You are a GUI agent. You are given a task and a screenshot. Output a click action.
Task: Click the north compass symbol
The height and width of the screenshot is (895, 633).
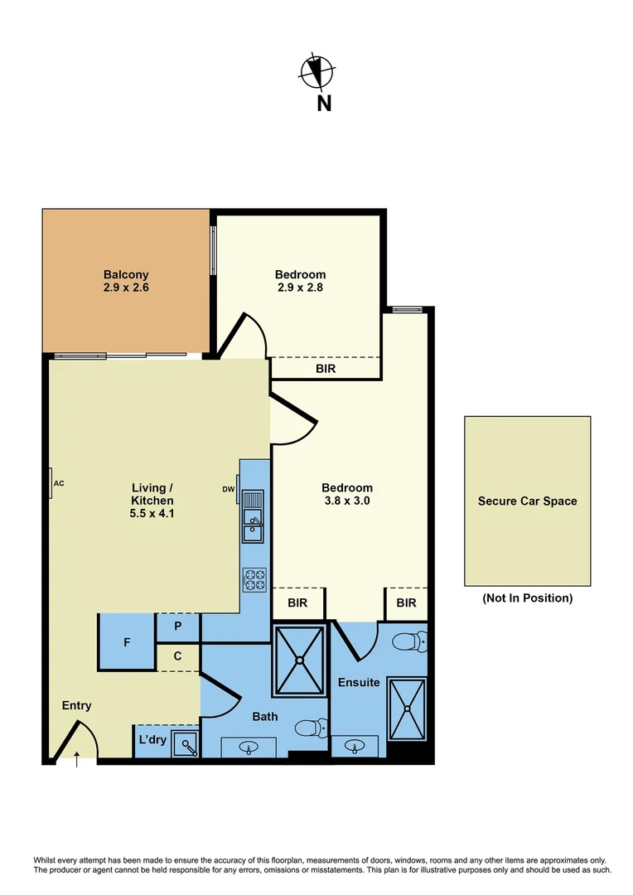(316, 71)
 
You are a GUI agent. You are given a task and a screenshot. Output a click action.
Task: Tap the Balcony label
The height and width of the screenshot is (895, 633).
(126, 274)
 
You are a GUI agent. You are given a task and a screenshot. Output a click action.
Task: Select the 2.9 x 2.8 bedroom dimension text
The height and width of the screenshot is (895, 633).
(300, 289)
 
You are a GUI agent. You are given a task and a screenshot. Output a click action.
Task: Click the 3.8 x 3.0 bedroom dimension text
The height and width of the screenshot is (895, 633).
(347, 501)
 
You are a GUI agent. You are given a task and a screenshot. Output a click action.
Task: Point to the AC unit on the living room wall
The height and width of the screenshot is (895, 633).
(51, 483)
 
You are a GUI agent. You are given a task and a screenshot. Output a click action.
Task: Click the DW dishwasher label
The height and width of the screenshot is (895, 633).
(229, 489)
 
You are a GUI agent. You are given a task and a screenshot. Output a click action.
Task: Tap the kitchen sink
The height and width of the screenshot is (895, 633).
(253, 520)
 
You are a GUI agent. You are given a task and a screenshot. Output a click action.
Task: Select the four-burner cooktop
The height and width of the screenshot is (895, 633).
(254, 579)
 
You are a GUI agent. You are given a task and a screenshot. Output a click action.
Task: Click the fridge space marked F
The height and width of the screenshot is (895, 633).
(127, 642)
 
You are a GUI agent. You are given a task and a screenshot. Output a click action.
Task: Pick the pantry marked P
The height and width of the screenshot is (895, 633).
(177, 627)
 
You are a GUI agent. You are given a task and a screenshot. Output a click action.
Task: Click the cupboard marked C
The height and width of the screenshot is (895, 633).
(177, 656)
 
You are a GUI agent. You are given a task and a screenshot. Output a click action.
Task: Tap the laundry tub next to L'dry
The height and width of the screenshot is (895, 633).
(186, 745)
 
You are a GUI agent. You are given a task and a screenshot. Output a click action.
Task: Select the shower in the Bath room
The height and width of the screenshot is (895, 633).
(298, 660)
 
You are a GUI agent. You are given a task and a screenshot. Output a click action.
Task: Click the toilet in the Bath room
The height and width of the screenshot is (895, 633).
(310, 728)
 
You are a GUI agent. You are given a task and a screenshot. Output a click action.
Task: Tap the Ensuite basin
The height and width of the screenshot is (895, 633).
(355, 747)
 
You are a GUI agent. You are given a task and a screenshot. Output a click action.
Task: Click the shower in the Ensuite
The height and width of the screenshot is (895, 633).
(406, 709)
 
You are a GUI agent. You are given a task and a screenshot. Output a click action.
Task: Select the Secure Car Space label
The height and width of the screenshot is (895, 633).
(527, 501)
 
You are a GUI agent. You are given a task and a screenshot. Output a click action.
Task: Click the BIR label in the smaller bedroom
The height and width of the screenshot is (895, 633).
(326, 369)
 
